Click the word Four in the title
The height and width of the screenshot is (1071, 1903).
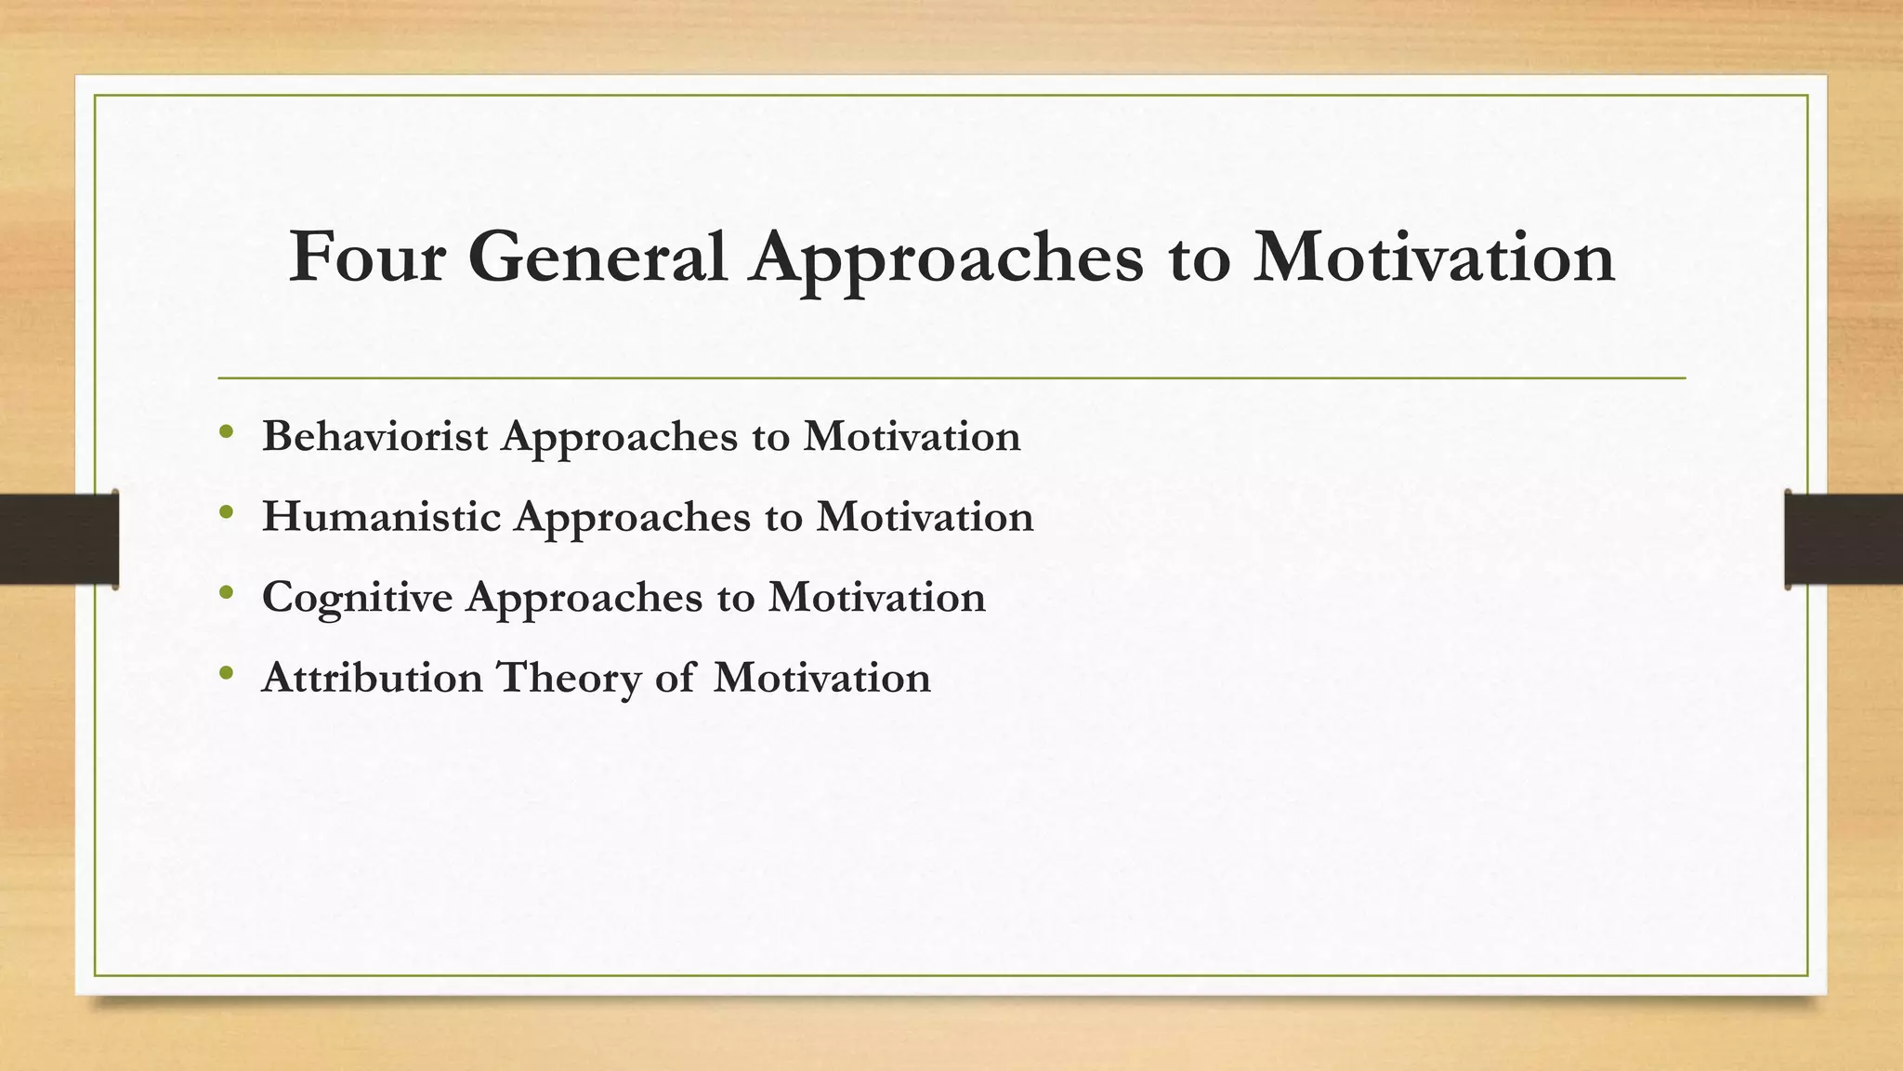click(x=366, y=258)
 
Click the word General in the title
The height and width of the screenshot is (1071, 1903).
click(x=597, y=258)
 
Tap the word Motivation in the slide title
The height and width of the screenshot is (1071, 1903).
click(x=1434, y=258)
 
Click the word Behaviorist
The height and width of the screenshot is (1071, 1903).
click(x=374, y=436)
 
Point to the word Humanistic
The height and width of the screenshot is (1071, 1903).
click(x=381, y=517)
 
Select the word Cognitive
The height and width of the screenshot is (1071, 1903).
click(x=357, y=598)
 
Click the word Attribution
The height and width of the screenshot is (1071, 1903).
click(x=372, y=678)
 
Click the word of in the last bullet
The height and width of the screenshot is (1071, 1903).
click(x=674, y=678)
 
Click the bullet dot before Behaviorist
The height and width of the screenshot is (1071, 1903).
click(x=226, y=432)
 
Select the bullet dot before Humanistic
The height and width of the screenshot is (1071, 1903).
click(x=226, y=512)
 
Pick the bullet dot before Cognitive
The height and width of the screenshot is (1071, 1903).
click(x=226, y=592)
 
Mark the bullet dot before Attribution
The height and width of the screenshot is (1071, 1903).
click(x=226, y=673)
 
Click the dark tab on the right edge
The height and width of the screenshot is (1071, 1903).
click(x=1844, y=539)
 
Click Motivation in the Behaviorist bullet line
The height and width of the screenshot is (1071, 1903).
click(x=912, y=436)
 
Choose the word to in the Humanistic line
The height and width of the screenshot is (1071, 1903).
click(x=783, y=518)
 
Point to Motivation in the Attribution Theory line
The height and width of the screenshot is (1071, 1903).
click(x=821, y=678)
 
